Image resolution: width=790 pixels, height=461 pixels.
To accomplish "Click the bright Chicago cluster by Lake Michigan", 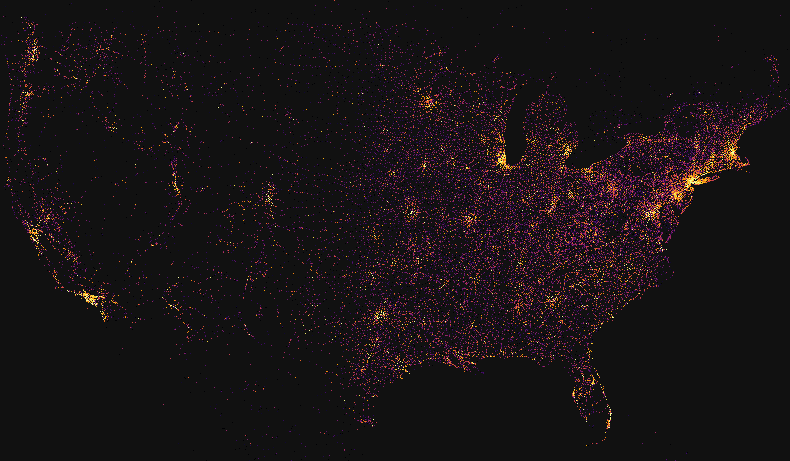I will click(503, 161).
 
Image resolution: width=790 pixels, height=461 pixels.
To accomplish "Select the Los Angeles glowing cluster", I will click(90, 299).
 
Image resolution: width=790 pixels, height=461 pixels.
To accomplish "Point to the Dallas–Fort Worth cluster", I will click(380, 314).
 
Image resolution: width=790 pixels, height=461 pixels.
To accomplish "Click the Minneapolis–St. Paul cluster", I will click(429, 103).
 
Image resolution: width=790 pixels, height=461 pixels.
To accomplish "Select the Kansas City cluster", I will click(410, 212).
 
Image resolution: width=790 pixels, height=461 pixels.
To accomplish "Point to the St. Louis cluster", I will click(469, 220).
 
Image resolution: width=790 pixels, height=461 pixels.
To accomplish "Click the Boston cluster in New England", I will click(733, 153).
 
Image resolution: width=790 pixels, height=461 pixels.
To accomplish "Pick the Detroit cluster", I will click(567, 150).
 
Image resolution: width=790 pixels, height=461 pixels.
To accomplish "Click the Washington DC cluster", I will click(651, 212).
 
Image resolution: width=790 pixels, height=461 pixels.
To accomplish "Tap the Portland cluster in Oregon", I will click(26, 92).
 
